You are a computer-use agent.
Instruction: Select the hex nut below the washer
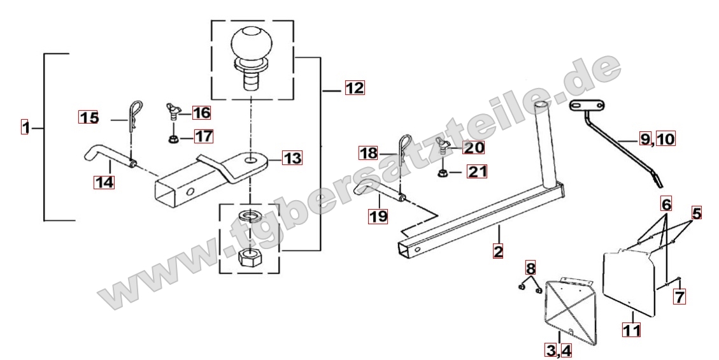coord(250,257)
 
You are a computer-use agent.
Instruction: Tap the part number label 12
coord(355,87)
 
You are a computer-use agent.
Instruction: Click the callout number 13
coord(292,158)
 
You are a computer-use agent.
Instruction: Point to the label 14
coord(104,182)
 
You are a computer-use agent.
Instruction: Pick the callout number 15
coord(89,118)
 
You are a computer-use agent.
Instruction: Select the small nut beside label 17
coord(173,138)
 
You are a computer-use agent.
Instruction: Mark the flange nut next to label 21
coord(443,173)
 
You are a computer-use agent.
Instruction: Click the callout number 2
coord(498,250)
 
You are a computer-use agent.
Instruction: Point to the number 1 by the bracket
coord(25,127)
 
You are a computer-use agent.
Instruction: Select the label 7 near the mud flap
coord(679,296)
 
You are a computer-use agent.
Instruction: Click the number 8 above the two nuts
coord(530,268)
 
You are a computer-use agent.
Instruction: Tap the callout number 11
coord(631,329)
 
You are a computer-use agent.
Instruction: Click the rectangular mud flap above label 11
coord(628,283)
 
